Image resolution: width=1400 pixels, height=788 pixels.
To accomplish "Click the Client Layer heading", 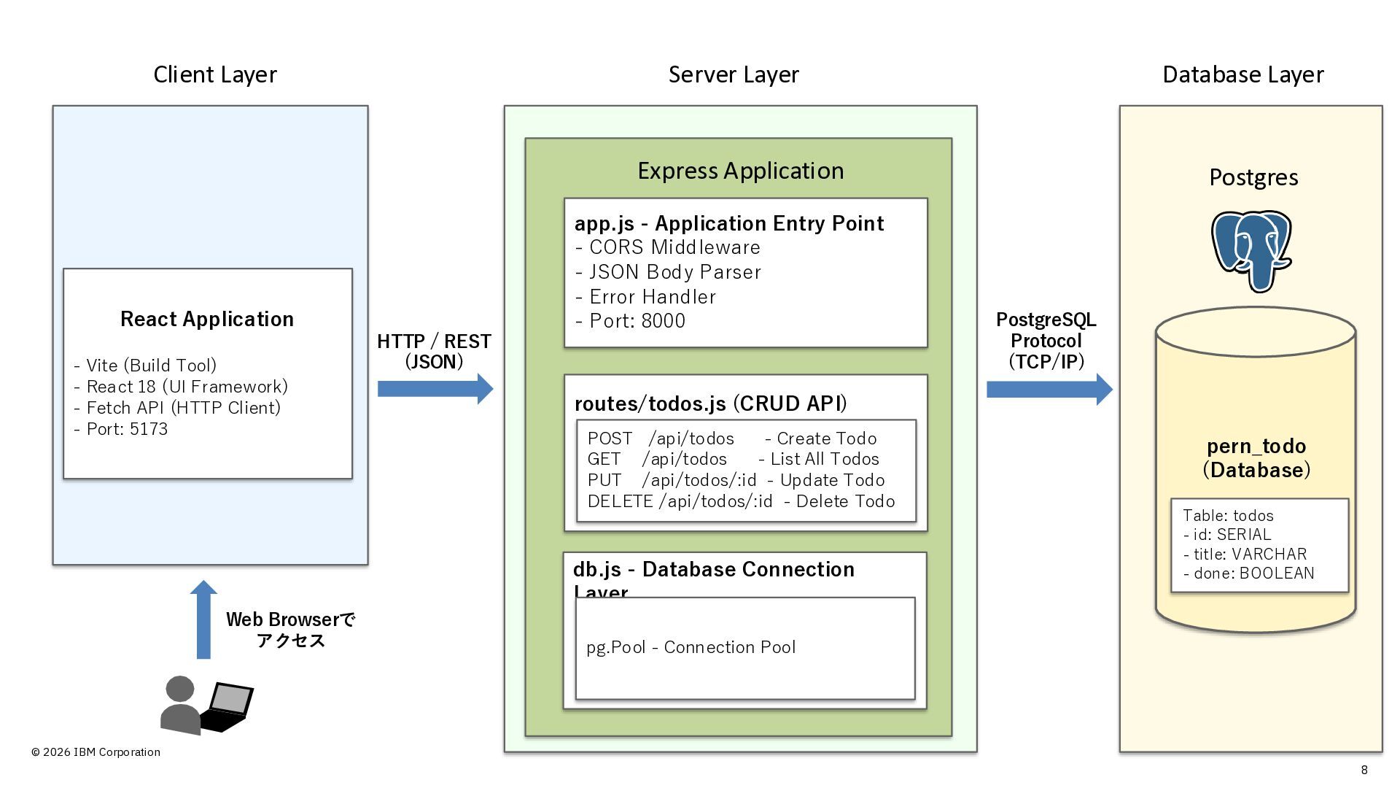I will coord(215,74).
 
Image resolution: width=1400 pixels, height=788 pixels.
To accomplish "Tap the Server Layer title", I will coord(734,74).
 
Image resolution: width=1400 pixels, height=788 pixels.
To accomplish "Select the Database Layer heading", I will coord(1242,74).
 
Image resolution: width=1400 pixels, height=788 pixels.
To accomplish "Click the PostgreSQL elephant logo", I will coord(1251,250).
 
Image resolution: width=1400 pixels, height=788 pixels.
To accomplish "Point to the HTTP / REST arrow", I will coord(435,389).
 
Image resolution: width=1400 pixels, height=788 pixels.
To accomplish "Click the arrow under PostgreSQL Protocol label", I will coord(1049,390).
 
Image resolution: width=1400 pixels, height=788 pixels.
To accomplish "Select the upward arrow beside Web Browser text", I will coord(203,619).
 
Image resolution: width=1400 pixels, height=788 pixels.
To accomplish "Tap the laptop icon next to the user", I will coord(227,706).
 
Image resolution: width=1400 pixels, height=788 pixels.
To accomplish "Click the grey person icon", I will coord(180,706).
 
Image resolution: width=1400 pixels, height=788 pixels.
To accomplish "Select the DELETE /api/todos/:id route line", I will coord(741,501).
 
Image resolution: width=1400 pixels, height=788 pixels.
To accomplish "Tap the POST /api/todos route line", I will coord(732,439).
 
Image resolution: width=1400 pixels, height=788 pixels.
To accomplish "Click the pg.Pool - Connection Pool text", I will coord(691,647).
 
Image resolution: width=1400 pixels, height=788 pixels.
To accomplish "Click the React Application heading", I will coord(207,319).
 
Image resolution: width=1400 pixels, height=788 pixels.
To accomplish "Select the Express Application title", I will coord(740,171).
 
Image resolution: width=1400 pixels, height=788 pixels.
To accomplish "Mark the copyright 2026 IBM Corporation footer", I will coord(96,752).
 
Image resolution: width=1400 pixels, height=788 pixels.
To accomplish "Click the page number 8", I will coord(1364,770).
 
